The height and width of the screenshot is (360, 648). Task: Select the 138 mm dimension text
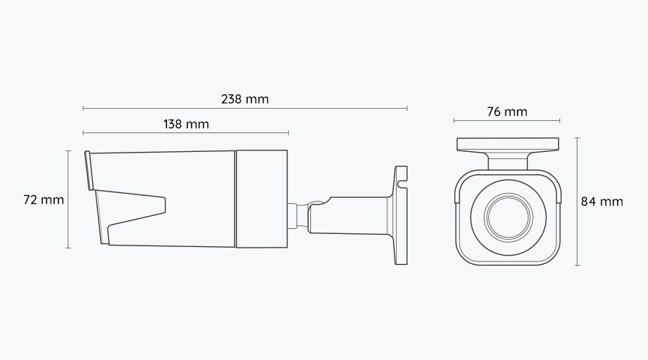click(x=186, y=124)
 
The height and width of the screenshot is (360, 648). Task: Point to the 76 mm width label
click(x=507, y=112)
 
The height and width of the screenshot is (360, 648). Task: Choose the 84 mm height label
click(x=602, y=202)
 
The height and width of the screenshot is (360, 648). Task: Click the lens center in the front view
click(x=507, y=217)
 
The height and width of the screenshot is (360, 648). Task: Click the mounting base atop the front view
click(x=508, y=144)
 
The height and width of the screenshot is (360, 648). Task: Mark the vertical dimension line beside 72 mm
click(x=68, y=199)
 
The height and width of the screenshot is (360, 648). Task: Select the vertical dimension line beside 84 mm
click(x=577, y=202)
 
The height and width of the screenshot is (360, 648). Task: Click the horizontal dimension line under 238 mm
click(x=245, y=109)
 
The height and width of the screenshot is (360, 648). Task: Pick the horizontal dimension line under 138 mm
click(x=186, y=133)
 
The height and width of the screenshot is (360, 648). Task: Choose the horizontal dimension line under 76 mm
click(x=507, y=121)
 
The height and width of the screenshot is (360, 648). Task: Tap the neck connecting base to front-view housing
click(x=508, y=163)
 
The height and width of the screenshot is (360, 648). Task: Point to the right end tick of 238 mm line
click(x=408, y=109)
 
